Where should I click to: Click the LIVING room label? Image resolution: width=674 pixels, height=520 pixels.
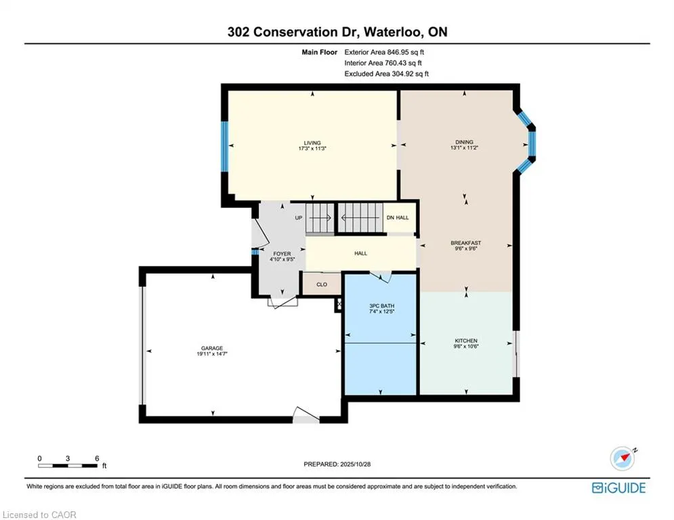(x=312, y=143)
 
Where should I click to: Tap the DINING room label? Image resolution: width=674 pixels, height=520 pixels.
(x=464, y=142)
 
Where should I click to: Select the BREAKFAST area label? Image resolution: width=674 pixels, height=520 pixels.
(x=466, y=243)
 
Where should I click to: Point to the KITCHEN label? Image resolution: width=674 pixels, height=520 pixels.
(x=466, y=341)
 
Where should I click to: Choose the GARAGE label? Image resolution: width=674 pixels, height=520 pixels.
(x=211, y=347)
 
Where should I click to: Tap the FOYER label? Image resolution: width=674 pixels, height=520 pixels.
(x=282, y=254)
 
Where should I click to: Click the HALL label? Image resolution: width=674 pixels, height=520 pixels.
(x=360, y=253)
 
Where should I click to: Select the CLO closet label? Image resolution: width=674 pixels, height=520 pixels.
(x=322, y=284)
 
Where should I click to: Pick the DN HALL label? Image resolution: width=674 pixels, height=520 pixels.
(x=398, y=217)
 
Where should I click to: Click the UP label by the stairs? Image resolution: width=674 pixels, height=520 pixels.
(x=298, y=217)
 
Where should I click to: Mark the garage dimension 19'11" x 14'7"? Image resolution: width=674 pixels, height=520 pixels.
(x=211, y=354)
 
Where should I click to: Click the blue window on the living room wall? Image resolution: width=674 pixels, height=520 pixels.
(x=224, y=146)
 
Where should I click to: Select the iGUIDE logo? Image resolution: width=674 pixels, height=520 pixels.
(x=618, y=487)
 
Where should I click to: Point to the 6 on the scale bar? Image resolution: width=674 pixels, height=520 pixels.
(x=98, y=458)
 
